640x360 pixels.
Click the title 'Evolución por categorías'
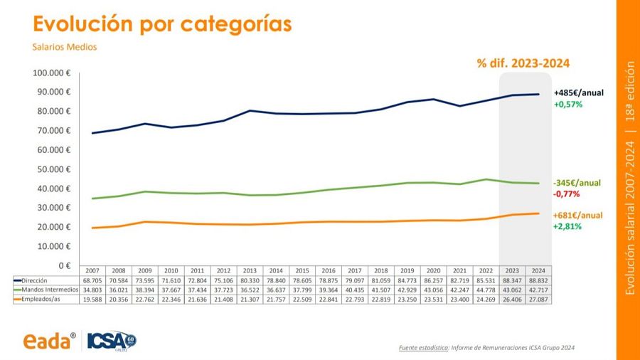[x=163, y=23]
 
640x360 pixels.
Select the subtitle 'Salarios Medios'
[x=64, y=47]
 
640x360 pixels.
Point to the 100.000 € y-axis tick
[x=52, y=73]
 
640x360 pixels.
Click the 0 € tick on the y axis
[x=65, y=265]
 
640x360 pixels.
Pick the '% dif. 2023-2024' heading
[x=523, y=63]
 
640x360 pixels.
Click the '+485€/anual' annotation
[x=578, y=92]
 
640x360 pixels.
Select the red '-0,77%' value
[x=566, y=194]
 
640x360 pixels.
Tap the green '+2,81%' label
[x=567, y=226]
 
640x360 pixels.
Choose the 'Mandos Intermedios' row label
[x=48, y=290]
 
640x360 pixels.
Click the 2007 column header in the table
[x=92, y=271]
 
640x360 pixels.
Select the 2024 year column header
[x=538, y=271]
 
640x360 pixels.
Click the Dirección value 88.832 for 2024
[x=538, y=281]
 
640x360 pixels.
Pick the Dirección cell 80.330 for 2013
[x=250, y=281]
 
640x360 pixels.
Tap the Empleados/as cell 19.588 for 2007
[x=92, y=300]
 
